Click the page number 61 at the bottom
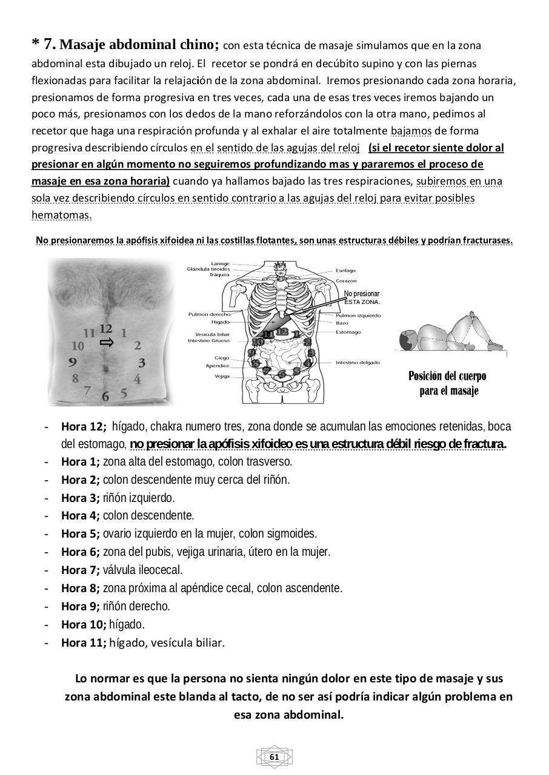[274, 757]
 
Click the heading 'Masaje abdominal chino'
[139, 45]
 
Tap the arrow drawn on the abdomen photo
[107, 343]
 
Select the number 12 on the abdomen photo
[106, 329]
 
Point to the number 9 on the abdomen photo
[73, 362]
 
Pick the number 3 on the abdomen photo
[141, 363]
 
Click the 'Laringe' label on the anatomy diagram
[220, 263]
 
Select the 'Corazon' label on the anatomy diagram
[346, 281]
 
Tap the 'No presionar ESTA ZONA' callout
[362, 297]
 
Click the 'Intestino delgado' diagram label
[358, 363]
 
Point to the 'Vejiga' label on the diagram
[222, 376]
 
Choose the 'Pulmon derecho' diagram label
[209, 314]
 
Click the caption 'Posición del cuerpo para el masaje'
[447, 383]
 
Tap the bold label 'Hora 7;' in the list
[80, 570]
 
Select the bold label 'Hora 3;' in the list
[80, 498]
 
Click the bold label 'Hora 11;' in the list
[83, 642]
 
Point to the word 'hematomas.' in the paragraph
[61, 215]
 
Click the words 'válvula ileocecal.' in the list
[142, 570]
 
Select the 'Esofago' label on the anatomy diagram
[345, 271]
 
